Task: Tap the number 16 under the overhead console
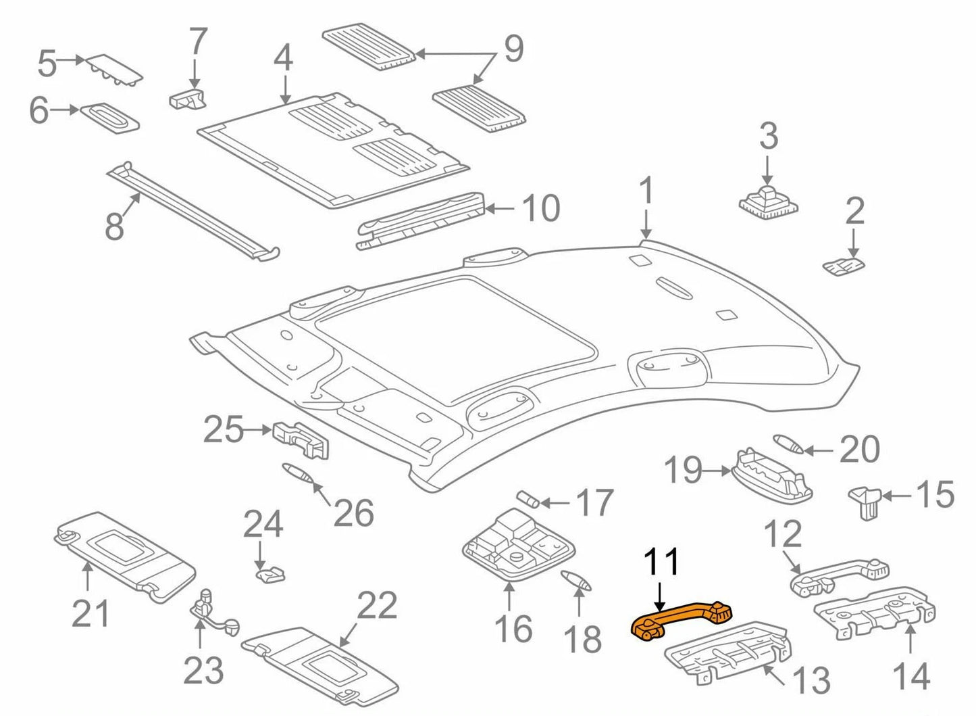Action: pyautogui.click(x=513, y=629)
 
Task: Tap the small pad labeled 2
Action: pyautogui.click(x=844, y=266)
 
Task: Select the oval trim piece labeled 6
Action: pyautogui.click(x=110, y=117)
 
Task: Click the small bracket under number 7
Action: pyautogui.click(x=187, y=99)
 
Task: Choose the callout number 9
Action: pyautogui.click(x=513, y=49)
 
